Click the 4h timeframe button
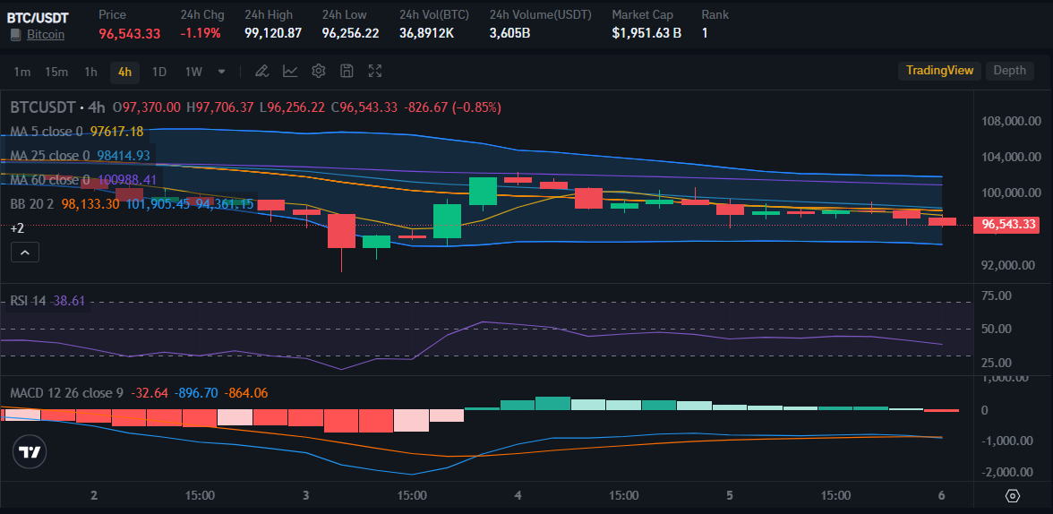124,72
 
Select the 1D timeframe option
159,72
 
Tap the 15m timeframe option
56,72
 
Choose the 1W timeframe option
193,72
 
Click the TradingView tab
939,71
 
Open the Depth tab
1009,71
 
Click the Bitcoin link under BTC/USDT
45,34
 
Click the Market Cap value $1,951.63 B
646,33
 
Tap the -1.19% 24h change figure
201,33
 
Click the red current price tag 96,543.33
1009,224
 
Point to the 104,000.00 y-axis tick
1011,157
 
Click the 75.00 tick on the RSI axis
997,296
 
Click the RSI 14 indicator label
28,301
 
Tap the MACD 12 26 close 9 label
66,393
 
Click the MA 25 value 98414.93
124,156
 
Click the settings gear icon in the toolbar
319,72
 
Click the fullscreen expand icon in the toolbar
375,72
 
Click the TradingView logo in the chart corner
30,453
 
